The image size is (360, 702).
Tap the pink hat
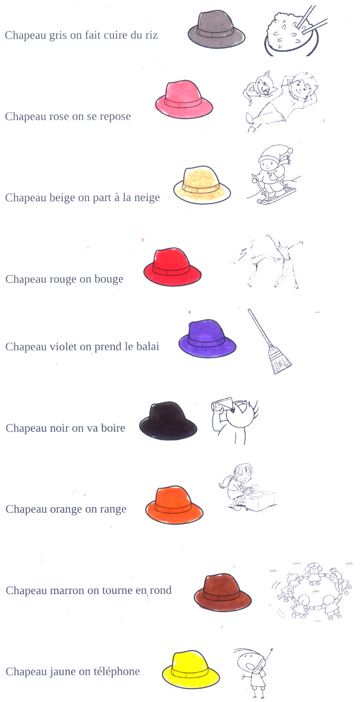[184, 100]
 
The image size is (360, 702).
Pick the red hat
[172, 267]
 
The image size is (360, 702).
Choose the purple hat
[208, 339]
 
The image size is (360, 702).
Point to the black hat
[168, 421]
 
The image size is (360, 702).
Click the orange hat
[174, 505]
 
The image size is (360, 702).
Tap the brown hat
[223, 593]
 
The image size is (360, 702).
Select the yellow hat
[191, 670]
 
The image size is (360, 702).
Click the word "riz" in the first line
[150, 35]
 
